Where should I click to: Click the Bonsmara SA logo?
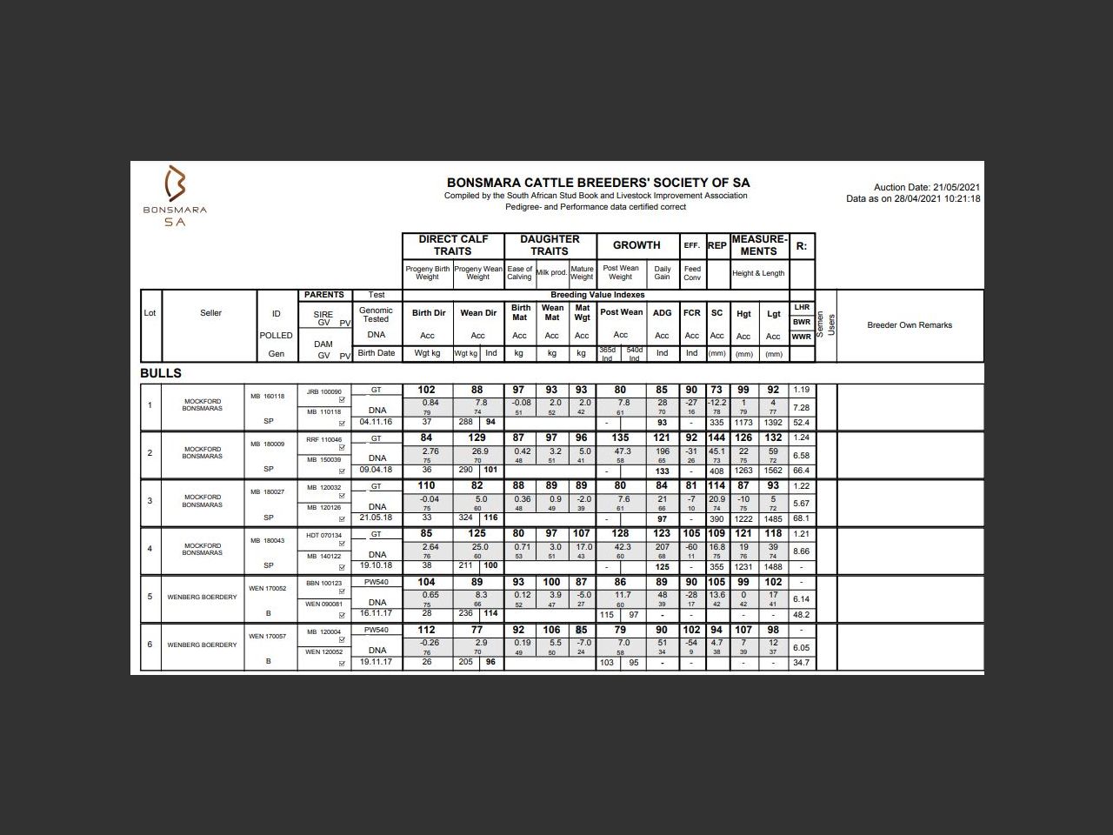pos(176,196)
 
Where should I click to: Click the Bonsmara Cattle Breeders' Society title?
pos(597,183)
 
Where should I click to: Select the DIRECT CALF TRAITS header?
pos(453,244)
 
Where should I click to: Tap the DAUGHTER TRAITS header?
pos(550,244)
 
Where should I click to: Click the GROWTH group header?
pos(636,245)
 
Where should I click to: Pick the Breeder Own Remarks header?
pos(910,325)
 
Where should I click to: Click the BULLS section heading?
pos(161,373)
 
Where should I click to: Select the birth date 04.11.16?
pos(376,422)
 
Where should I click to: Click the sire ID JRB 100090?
pos(324,392)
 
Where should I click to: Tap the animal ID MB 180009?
pos(268,444)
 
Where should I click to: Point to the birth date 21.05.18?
pos(376,518)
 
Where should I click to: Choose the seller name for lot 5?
pos(202,598)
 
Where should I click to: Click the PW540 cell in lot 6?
pos(376,630)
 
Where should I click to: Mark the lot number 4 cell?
pos(150,549)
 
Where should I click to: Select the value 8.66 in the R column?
pos(801,551)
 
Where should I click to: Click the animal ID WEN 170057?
pos(268,637)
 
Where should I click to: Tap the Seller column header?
pos(210,313)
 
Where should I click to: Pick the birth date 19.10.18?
pos(376,565)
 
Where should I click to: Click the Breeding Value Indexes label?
pos(597,295)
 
